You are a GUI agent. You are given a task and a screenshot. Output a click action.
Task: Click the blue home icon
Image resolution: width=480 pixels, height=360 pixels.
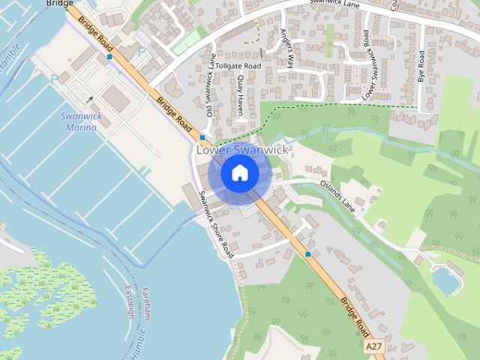pos(239,172)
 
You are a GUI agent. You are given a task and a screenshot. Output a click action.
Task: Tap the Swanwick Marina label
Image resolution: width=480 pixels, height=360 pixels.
pos(79,121)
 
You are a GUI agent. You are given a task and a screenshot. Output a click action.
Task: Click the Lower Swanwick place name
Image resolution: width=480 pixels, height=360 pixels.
pos(241,150)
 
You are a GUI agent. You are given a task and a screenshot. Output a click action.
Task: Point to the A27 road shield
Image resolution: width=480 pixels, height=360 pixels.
pos(375,347)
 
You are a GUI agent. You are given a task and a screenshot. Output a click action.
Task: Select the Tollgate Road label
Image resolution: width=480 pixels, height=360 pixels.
pos(239,66)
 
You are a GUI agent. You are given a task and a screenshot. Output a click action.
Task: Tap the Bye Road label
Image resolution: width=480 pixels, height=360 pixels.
pos(421,66)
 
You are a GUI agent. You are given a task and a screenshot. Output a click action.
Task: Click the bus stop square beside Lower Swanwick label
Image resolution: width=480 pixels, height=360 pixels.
pos(202,138)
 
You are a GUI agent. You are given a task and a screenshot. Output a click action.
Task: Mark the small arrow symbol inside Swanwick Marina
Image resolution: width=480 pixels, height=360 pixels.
pos(90,99)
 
